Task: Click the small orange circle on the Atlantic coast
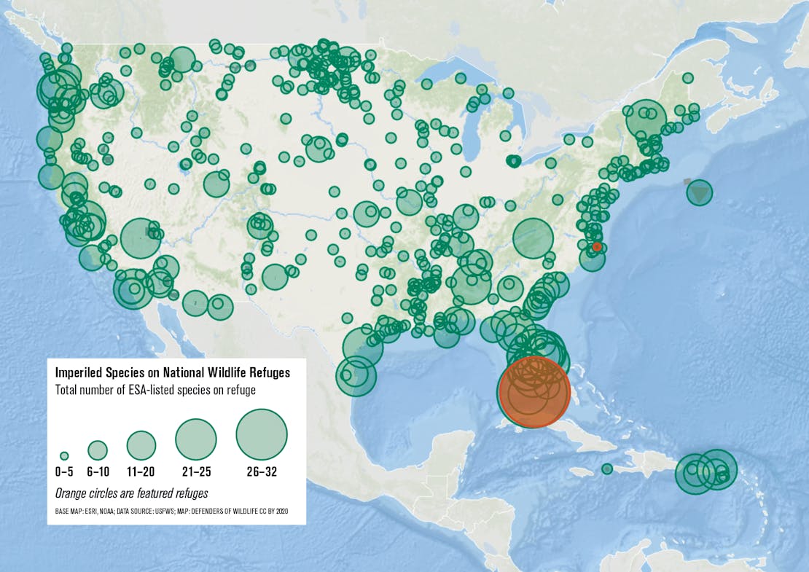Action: [597, 247]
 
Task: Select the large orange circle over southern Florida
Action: [533, 391]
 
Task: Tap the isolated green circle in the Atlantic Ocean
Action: [699, 192]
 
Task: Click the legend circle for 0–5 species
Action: [64, 455]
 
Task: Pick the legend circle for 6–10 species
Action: [98, 450]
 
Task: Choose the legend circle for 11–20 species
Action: [141, 445]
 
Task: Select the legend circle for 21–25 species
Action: [196, 439]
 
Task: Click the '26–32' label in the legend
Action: [262, 472]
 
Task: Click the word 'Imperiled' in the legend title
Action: [79, 373]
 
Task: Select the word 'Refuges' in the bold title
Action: [268, 373]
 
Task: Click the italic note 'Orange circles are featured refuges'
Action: [131, 493]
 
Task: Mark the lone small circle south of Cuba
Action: [607, 469]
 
